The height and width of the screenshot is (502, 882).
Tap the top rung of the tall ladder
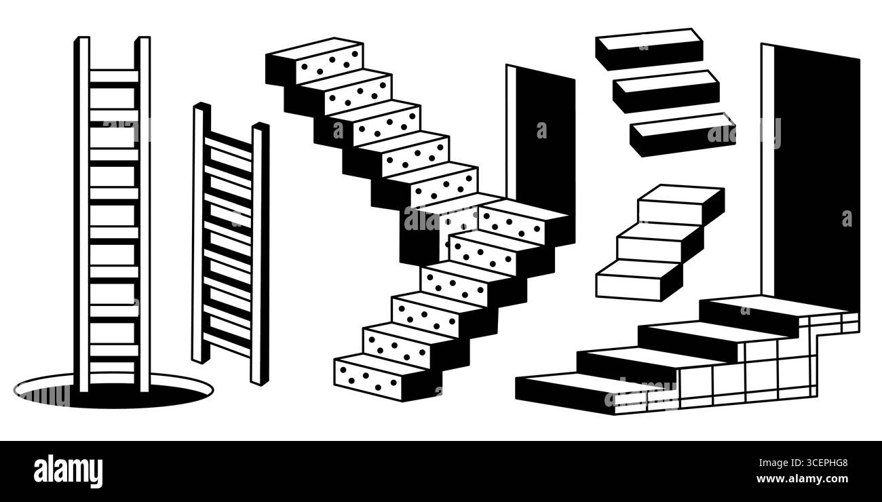pos(113,76)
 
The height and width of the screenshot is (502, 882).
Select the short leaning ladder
pos(230,244)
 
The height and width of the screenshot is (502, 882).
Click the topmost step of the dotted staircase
pos(316,61)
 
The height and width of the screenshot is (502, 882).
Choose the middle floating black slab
pos(666,91)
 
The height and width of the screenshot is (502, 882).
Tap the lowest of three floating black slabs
pos(682,134)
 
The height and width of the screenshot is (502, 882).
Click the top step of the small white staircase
pos(678,202)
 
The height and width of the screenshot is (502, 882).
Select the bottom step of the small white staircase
pos(638,280)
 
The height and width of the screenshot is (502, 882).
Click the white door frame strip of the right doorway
pos(767,170)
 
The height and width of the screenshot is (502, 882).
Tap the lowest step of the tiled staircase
pos(577,390)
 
